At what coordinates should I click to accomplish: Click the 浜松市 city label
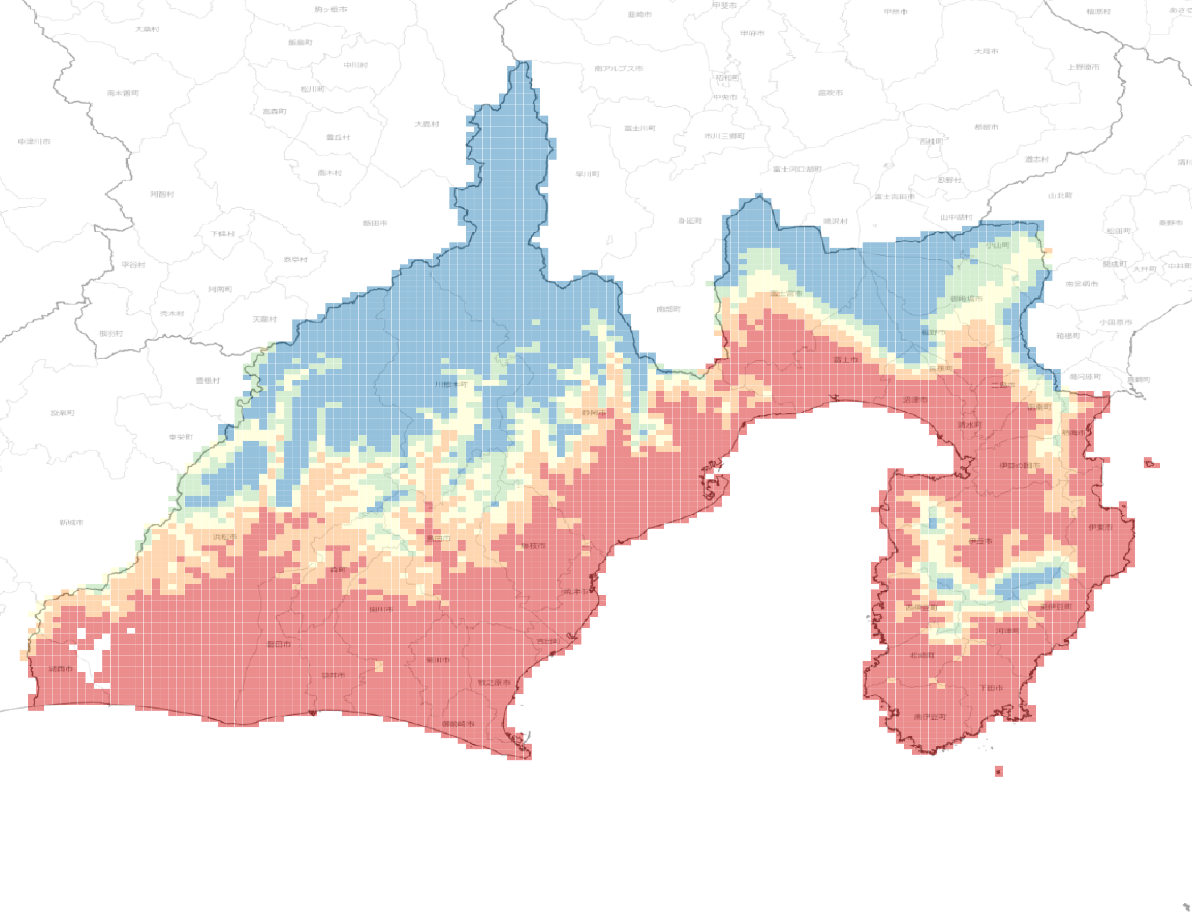tap(225, 536)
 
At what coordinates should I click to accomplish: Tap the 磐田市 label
tap(279, 644)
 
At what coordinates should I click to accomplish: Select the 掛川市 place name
tap(381, 609)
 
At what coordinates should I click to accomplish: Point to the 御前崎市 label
tap(457, 724)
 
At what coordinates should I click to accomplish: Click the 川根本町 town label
tap(451, 384)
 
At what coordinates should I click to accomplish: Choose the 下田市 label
tap(991, 687)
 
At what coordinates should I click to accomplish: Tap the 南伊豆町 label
tap(930, 717)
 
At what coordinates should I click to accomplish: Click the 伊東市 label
tap(1100, 527)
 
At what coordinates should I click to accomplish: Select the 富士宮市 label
tap(786, 294)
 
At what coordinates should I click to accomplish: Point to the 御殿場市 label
tap(966, 299)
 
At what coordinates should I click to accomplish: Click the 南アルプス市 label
tap(618, 68)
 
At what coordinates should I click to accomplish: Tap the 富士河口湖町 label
tap(797, 169)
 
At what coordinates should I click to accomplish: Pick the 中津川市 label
tap(34, 141)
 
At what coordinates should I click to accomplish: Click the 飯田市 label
tap(375, 222)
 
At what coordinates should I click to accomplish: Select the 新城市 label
tap(71, 522)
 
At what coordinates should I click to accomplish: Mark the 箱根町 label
tap(1068, 336)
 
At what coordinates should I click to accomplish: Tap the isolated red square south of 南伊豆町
tap(998, 771)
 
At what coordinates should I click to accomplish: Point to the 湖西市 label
tap(60, 669)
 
